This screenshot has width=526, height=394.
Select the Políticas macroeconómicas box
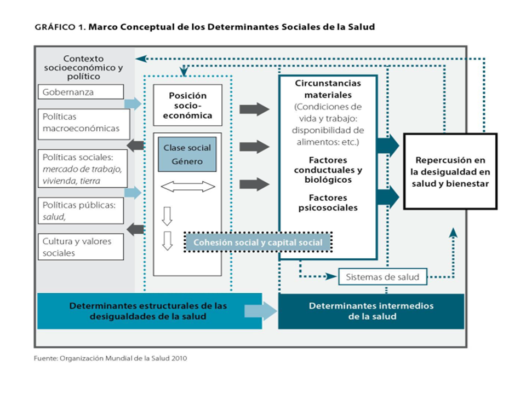(84, 124)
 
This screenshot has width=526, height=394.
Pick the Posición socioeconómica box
(187, 105)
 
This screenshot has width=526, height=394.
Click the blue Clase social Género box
(187, 154)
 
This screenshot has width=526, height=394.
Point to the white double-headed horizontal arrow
(188, 188)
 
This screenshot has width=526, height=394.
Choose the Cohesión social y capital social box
(258, 242)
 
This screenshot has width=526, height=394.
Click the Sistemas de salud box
(382, 277)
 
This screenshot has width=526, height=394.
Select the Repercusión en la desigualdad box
(450, 172)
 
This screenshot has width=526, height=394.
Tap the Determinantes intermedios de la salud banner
(371, 311)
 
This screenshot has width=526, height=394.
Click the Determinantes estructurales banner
(148, 311)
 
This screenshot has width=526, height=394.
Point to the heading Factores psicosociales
(328, 202)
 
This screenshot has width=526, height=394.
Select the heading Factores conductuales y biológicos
(328, 170)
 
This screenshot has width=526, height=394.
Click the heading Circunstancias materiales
(328, 89)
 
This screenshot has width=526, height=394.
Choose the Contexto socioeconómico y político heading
(83, 68)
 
